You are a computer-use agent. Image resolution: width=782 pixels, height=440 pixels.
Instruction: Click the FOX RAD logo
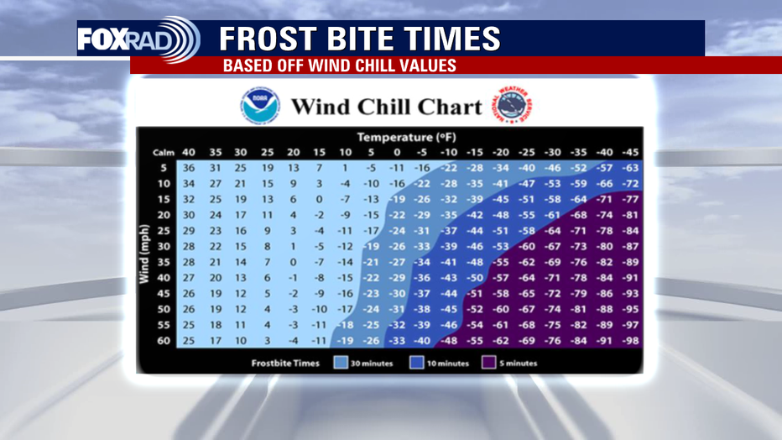click(x=138, y=39)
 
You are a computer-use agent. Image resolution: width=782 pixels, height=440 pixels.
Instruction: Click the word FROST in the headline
click(x=268, y=39)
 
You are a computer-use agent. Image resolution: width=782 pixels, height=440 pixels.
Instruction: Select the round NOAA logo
click(x=260, y=107)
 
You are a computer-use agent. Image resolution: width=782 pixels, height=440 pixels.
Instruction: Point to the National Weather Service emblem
click(x=514, y=105)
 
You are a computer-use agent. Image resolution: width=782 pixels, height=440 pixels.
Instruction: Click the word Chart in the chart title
click(x=450, y=107)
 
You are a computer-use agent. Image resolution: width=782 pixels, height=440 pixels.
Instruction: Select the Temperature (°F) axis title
click(x=406, y=137)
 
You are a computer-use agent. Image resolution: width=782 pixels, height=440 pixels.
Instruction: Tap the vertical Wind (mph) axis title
click(x=144, y=254)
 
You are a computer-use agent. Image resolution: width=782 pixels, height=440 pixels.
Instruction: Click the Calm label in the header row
click(x=164, y=153)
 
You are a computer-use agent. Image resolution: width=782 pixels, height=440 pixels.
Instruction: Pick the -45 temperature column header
click(x=630, y=152)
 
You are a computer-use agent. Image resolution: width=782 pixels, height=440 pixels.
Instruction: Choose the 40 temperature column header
click(x=189, y=152)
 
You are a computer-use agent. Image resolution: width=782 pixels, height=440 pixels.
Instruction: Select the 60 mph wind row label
click(x=164, y=341)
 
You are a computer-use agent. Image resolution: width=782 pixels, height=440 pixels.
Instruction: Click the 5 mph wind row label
click(x=164, y=168)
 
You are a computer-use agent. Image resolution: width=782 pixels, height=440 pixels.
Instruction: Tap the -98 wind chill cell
click(x=630, y=341)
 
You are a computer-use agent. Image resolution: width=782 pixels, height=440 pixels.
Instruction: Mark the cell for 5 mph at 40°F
click(x=189, y=168)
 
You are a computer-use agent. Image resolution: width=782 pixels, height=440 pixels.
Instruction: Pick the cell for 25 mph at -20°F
click(x=500, y=230)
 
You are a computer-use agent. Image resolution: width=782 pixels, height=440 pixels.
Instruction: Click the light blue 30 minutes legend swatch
click(x=341, y=363)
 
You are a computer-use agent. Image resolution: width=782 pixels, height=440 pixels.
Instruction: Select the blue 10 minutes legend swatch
click(x=416, y=363)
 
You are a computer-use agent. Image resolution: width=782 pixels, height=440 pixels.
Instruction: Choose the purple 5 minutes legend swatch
click(x=488, y=363)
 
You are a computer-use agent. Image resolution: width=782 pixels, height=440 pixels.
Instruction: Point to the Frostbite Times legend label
click(x=285, y=364)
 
